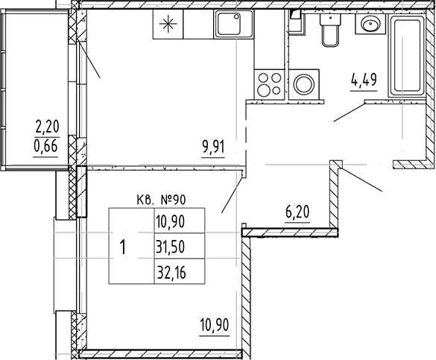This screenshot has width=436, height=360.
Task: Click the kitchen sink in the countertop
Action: point(227,27)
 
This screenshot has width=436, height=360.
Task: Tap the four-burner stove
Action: point(268,83)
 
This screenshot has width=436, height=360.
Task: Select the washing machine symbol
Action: point(304,83)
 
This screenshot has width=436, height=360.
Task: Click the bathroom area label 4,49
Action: point(362,76)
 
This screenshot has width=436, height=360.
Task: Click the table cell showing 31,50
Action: point(171,247)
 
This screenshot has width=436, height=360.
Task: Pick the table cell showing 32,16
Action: point(171,272)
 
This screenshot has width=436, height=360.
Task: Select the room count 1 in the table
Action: point(123,247)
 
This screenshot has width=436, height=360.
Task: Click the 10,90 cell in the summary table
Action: point(171,221)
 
